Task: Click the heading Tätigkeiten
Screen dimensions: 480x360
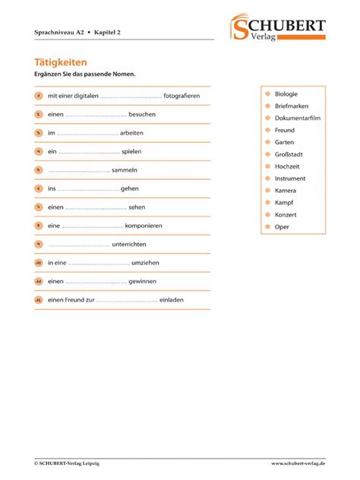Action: (x=61, y=62)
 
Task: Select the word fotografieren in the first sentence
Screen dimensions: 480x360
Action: (x=182, y=96)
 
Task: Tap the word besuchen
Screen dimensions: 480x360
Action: (x=142, y=115)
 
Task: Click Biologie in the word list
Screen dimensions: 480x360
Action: (x=288, y=93)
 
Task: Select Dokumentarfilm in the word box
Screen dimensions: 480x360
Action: (x=298, y=118)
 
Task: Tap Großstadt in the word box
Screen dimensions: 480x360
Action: (x=289, y=154)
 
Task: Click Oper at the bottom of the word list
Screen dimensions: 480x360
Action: (x=282, y=227)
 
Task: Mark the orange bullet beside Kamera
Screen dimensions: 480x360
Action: (x=267, y=191)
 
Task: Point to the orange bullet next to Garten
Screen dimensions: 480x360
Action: (x=267, y=142)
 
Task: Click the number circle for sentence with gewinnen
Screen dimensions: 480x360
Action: (x=38, y=282)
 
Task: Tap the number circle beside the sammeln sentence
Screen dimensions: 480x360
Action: (x=38, y=170)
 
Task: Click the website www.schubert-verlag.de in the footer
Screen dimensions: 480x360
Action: (x=298, y=463)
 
